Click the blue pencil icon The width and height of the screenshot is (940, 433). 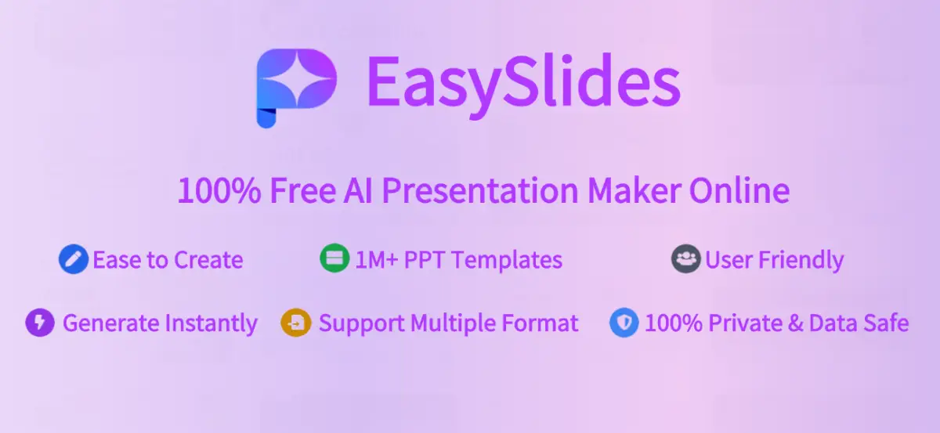click(x=73, y=259)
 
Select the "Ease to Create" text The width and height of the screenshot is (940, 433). click(x=168, y=260)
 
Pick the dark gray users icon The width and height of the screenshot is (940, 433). click(x=685, y=259)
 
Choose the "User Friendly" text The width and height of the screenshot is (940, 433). click(x=774, y=260)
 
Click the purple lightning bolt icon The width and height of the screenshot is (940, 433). click(x=40, y=323)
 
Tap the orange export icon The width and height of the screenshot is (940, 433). click(x=296, y=323)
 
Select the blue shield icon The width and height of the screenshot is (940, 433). click(x=624, y=323)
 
